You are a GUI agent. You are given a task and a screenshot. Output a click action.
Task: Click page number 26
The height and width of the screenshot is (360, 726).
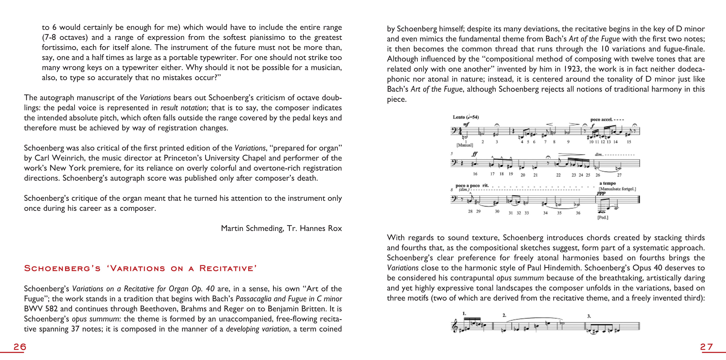(x=20, y=347)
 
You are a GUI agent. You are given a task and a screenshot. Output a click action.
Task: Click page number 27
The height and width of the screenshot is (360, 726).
(x=706, y=347)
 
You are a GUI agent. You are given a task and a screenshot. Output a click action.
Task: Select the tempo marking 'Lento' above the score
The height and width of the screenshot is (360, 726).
(x=459, y=117)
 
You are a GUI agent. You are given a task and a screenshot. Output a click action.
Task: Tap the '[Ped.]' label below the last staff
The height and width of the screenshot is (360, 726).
(x=603, y=217)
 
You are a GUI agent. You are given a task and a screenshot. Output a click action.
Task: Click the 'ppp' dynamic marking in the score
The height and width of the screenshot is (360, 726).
(x=601, y=193)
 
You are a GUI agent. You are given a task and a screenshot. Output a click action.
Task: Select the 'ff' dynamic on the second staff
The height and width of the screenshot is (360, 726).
(x=475, y=154)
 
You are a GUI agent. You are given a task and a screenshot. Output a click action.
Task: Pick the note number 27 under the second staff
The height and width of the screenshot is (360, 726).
(x=619, y=175)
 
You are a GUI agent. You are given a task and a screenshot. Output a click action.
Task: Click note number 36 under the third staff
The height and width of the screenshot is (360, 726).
(x=578, y=213)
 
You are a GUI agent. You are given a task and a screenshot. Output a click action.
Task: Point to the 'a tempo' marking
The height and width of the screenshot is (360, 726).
(x=607, y=183)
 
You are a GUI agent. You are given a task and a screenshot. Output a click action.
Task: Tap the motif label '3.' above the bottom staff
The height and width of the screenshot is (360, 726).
(x=589, y=316)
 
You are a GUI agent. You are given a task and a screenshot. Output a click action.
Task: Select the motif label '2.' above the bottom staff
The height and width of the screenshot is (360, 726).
(x=504, y=315)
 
